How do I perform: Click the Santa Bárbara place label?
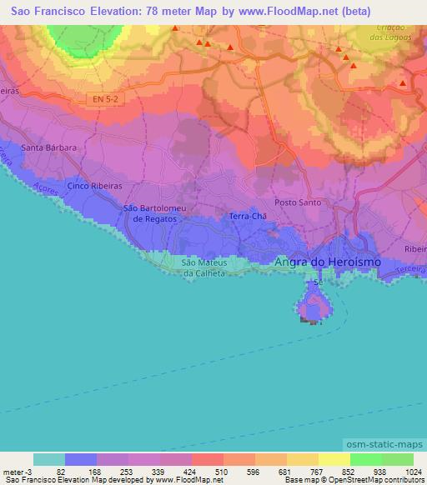pyautogui.click(x=49, y=147)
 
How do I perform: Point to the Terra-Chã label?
pyautogui.click(x=247, y=216)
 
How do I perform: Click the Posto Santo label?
pyautogui.click(x=298, y=202)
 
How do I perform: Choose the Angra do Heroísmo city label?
pyautogui.click(x=328, y=262)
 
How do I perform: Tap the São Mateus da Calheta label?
pyautogui.click(x=204, y=267)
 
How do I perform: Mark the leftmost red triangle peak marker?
pyautogui.click(x=174, y=28)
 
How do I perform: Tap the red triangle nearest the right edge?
pyautogui.click(x=403, y=82)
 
